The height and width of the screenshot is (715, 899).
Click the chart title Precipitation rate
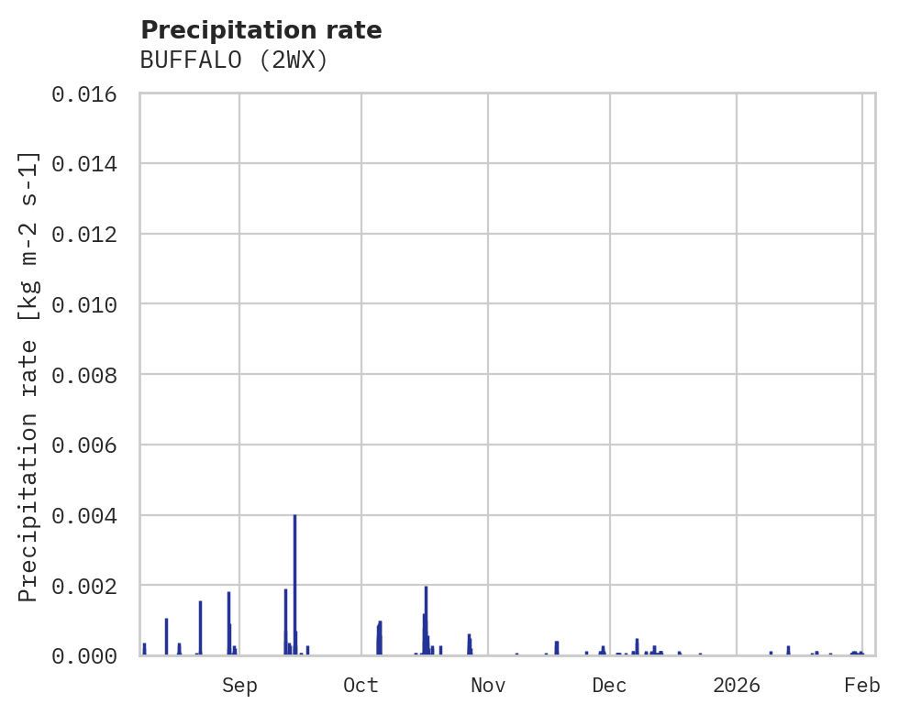pos(261,30)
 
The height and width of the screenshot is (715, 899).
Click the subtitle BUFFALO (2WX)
pos(234,60)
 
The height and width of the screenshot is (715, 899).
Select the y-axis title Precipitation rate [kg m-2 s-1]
pos(29,376)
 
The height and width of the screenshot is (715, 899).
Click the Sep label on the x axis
pos(239,686)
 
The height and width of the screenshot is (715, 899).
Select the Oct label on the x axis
pos(361,686)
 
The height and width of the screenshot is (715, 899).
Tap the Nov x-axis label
pos(487,686)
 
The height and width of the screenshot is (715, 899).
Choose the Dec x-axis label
pos(609,686)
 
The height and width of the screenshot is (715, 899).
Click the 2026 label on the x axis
pos(737,686)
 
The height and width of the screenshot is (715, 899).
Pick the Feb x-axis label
pos(861,686)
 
